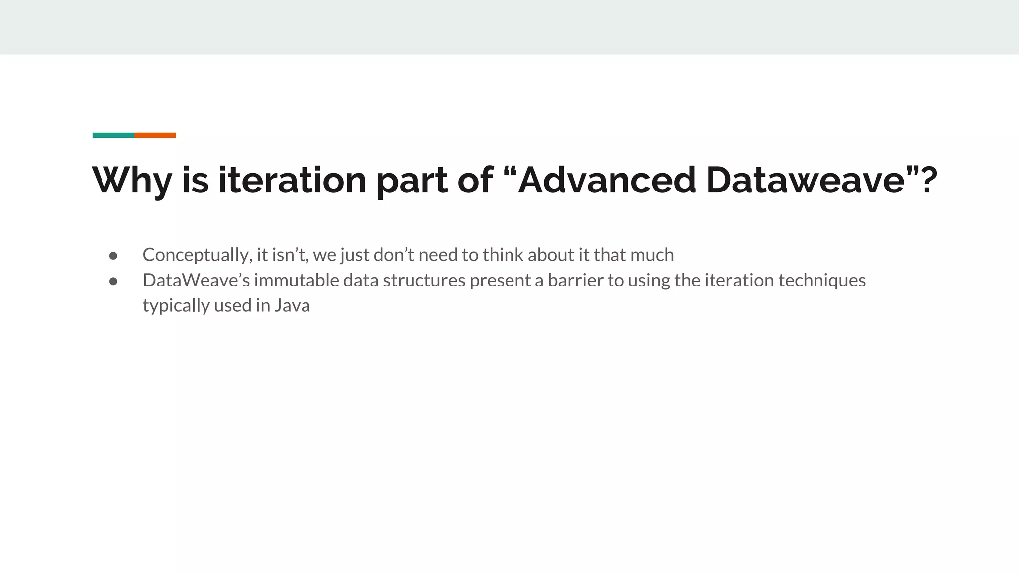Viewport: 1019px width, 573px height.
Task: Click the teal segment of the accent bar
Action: point(113,135)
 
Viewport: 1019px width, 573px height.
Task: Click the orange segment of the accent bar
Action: point(155,135)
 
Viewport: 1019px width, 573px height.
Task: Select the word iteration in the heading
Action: point(292,180)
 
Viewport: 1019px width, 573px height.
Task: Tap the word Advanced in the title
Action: point(607,180)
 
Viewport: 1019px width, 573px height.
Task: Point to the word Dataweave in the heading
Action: point(805,180)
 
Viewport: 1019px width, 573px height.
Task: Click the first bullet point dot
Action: point(113,256)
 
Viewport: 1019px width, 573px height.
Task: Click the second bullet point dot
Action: point(113,281)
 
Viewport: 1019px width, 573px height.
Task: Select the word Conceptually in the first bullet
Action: point(197,255)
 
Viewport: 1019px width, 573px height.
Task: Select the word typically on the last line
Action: point(176,306)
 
